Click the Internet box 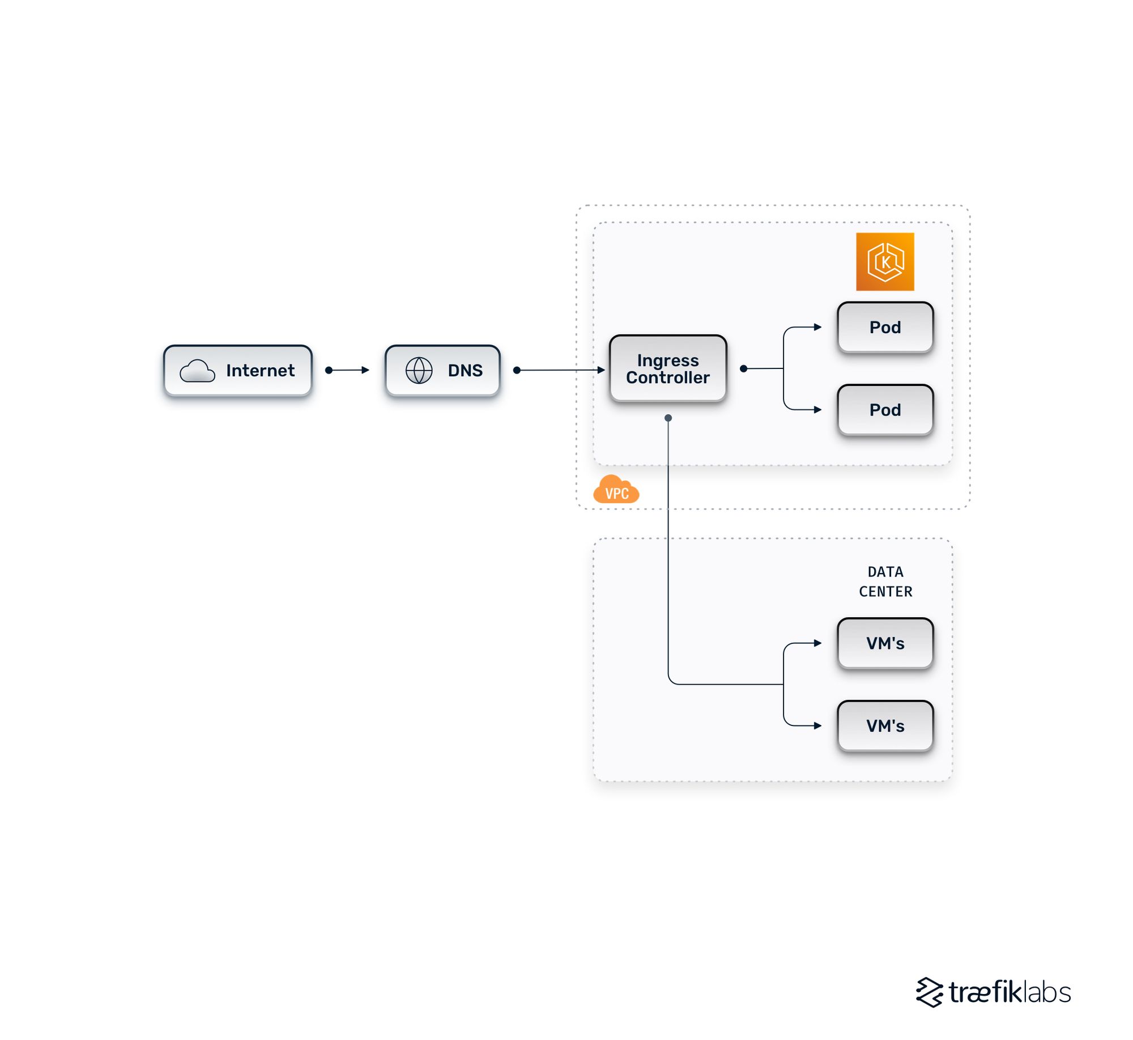point(237,370)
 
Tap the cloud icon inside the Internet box point(197,371)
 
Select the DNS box point(442,370)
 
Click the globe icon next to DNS point(419,370)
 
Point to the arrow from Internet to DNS point(348,370)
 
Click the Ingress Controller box point(667,368)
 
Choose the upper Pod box point(885,327)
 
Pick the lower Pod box point(885,410)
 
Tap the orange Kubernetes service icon point(885,262)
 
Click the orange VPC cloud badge point(616,490)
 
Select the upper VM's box point(885,643)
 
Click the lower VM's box point(885,725)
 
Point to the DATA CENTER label point(885,581)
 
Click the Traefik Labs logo point(993,992)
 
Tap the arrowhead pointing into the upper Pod point(817,327)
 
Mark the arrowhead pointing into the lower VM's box point(817,725)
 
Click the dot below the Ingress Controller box point(668,418)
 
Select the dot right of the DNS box point(517,370)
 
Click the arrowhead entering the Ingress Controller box point(601,370)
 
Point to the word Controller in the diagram point(667,377)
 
